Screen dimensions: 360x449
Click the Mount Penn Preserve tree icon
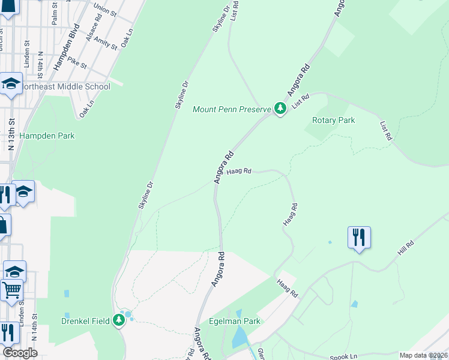(280, 109)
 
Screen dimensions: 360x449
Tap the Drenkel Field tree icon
(119, 321)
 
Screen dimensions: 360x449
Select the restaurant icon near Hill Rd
(358, 237)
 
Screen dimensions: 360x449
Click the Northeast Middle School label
(65, 86)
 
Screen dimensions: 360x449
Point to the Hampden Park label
(47, 136)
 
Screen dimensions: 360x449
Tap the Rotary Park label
(333, 120)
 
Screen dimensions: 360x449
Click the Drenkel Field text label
(85, 321)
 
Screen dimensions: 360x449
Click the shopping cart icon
(12, 290)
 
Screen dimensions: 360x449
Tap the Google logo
(20, 353)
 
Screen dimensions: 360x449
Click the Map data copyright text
(423, 355)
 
